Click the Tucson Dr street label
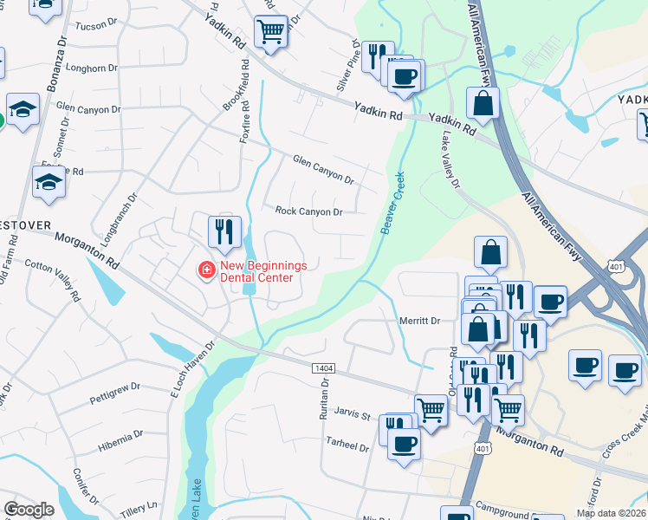(x=95, y=26)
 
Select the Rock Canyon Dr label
(x=309, y=211)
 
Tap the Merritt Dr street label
(x=420, y=321)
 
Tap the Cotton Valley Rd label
(x=52, y=278)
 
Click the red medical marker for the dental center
(x=207, y=271)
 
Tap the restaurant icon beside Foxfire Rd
(x=224, y=231)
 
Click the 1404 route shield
(x=323, y=369)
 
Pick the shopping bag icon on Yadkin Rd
(x=483, y=103)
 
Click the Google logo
(x=29, y=510)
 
